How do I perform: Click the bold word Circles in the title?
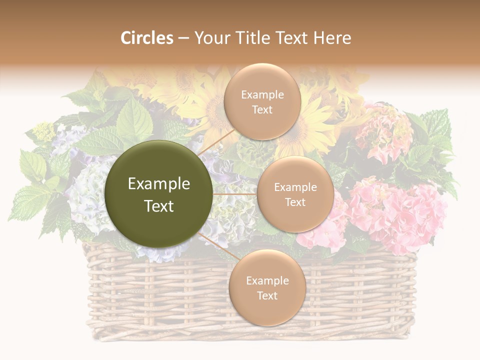(x=146, y=38)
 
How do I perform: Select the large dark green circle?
(x=159, y=194)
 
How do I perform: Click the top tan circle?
(x=262, y=101)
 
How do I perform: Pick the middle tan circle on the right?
(x=295, y=194)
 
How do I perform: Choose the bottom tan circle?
(x=267, y=287)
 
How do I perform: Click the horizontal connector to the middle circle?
(x=234, y=194)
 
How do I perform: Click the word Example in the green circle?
(x=159, y=184)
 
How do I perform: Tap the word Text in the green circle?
(x=159, y=206)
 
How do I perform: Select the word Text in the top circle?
(x=262, y=109)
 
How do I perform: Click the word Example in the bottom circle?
(x=267, y=280)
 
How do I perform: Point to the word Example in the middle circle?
(x=295, y=187)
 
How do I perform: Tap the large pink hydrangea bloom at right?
(x=400, y=210)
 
